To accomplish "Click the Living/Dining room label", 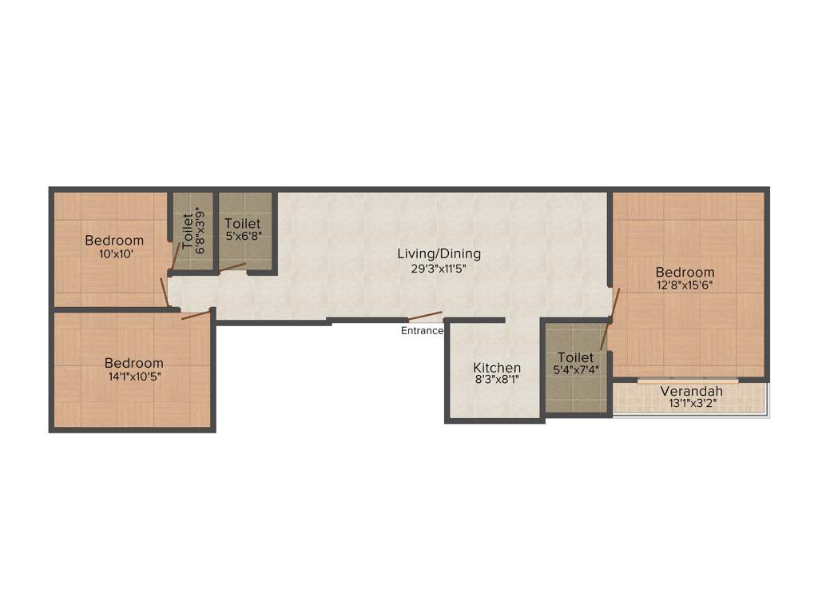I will point(439,254).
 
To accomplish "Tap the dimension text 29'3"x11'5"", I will point(439,269).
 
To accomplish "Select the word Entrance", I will point(422,330).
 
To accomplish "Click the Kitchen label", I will point(497,368).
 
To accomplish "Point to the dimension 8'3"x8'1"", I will point(497,381).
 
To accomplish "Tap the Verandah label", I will point(692,391).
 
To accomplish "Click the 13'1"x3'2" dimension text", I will point(692,404).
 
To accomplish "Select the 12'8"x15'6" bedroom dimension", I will point(685,285).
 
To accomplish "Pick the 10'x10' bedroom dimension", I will point(114,253).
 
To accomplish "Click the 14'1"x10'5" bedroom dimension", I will point(135,376).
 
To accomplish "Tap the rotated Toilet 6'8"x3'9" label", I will point(193,229).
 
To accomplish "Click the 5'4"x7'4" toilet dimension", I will point(576,370).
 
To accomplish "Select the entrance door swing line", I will point(425,316).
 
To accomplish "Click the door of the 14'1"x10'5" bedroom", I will point(197,314).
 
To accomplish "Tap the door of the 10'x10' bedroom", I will point(165,292).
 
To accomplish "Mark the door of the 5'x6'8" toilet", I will point(233,267).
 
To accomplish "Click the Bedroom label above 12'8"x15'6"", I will point(685,272).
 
